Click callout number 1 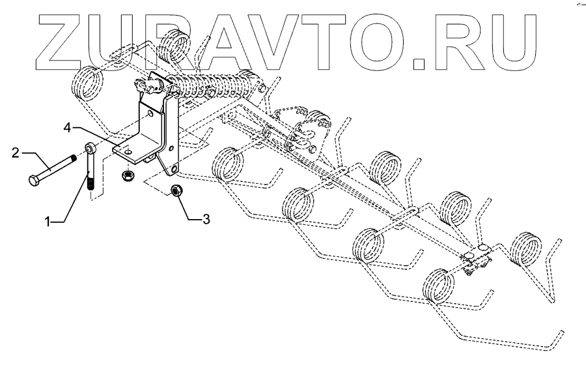click(48, 222)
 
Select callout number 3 click(206, 219)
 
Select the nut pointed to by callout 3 click(174, 190)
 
